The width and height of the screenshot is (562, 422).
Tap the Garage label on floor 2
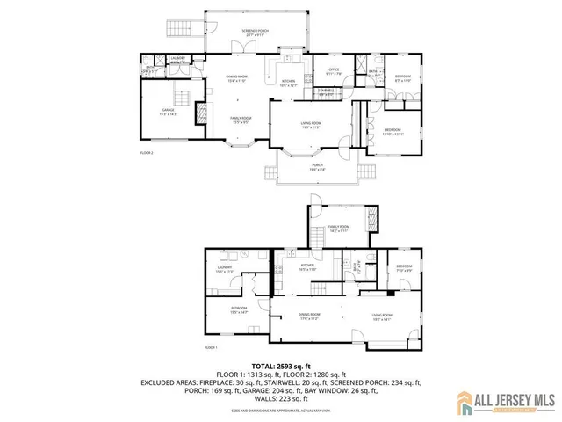169,112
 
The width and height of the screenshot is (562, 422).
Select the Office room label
334,71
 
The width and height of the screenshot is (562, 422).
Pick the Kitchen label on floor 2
290,84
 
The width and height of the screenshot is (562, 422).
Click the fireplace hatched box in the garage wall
201,112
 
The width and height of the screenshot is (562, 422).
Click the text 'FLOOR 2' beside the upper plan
147,153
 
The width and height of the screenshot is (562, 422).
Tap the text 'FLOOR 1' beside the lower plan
211,347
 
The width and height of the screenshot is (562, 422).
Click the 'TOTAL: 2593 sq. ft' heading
280,365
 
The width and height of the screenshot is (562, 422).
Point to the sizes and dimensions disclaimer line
280,411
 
